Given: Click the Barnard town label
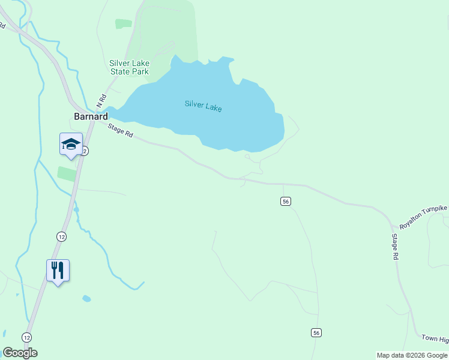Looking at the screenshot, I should pos(91,116).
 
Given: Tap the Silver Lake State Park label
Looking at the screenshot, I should pos(129,67).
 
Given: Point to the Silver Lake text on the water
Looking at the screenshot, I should pos(203,106).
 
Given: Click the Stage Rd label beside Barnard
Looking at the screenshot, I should pos(121,130).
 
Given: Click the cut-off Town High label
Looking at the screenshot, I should pos(435,340).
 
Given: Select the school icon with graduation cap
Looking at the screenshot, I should pos(71,145).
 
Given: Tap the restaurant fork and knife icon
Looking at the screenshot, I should pos(58,270).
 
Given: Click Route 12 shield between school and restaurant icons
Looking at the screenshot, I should pos(61,236).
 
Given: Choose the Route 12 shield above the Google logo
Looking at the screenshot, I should pos(26,337).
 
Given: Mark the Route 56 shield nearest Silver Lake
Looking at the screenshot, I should pos(285,201).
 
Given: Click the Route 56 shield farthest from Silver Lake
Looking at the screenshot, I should pos(316,332).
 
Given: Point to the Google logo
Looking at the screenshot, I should pos(20,353).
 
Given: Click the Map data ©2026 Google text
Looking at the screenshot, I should pos(412,355).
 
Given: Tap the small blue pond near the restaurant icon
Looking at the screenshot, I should pos(87,298).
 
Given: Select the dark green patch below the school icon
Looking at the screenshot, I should pos(67,174).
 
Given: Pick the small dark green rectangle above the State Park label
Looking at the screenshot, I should pos(124,23).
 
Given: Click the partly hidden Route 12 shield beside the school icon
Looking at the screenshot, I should pos(86,152).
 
